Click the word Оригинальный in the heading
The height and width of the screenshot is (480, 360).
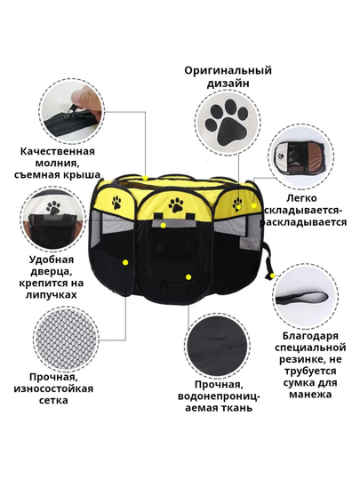pyautogui.click(x=228, y=71)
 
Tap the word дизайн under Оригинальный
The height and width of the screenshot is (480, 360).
pyautogui.click(x=228, y=84)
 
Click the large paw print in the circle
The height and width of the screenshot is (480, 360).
pyautogui.click(x=228, y=123)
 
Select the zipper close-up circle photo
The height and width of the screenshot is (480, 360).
pyautogui.click(x=73, y=111)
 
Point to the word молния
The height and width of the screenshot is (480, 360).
pyautogui.click(x=58, y=164)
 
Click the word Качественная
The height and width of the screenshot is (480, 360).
pyautogui.click(x=58, y=151)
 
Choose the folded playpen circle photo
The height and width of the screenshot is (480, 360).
pyautogui.click(x=300, y=156)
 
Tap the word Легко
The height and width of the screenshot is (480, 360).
pyautogui.click(x=301, y=198)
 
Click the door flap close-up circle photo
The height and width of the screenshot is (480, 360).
pyautogui.click(x=52, y=219)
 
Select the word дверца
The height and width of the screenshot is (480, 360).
pyautogui.click(x=52, y=272)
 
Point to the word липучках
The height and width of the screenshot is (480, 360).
pyautogui.click(x=52, y=295)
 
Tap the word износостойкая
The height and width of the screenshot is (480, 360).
pyautogui.click(x=53, y=389)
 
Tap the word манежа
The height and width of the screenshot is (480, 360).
pyautogui.click(x=310, y=395)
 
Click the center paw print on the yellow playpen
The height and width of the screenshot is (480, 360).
pyautogui.click(x=176, y=204)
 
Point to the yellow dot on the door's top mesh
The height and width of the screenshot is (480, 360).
pyautogui.click(x=164, y=226)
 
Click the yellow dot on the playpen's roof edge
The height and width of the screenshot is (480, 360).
pyautogui.click(x=145, y=178)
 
